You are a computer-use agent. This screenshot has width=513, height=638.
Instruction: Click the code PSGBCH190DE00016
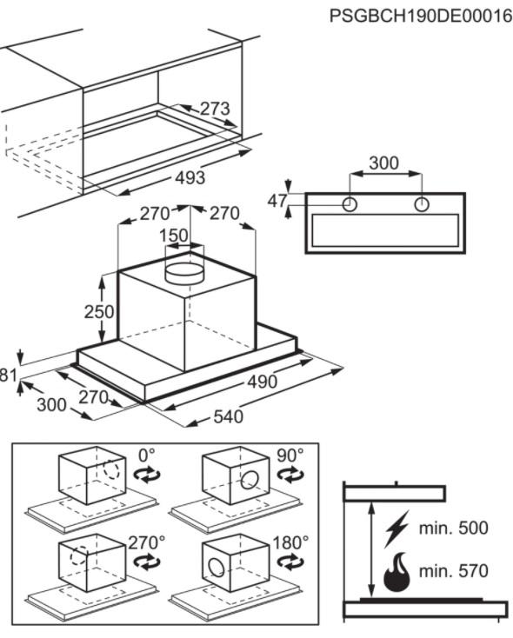pyautogui.click(x=421, y=17)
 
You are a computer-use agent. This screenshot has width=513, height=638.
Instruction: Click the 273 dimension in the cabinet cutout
pyautogui.click(x=215, y=109)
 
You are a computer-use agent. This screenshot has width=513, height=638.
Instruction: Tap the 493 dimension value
pyautogui.click(x=190, y=178)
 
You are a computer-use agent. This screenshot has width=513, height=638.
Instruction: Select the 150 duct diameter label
pyautogui.click(x=174, y=236)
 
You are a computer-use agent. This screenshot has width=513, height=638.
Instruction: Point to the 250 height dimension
pyautogui.click(x=99, y=312)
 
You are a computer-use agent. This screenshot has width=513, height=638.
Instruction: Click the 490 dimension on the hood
pyautogui.click(x=263, y=382)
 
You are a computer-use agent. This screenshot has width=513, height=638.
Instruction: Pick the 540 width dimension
pyautogui.click(x=229, y=416)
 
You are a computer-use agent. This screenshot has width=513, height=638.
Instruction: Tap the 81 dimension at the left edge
pyautogui.click(x=8, y=375)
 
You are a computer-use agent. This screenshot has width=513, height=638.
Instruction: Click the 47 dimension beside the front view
pyautogui.click(x=277, y=201)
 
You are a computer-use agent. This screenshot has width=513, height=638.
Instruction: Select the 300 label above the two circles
pyautogui.click(x=384, y=163)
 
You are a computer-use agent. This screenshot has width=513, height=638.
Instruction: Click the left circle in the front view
pyautogui.click(x=350, y=204)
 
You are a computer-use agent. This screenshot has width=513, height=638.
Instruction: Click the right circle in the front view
pyautogui.click(x=422, y=204)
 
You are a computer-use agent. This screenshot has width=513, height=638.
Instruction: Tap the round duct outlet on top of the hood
pyautogui.click(x=184, y=273)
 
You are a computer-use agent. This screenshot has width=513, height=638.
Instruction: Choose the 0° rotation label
pyautogui.click(x=147, y=455)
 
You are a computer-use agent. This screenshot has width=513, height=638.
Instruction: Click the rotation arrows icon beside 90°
pyautogui.click(x=290, y=475)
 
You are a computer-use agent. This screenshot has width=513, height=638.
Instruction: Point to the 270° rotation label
pyautogui.click(x=147, y=542)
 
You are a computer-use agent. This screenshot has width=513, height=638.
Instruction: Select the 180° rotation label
pyautogui.click(x=290, y=542)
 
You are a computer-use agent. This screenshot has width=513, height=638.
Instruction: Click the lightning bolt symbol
pyautogui.click(x=396, y=529)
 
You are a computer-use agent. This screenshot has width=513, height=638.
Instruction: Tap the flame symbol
pyautogui.click(x=397, y=572)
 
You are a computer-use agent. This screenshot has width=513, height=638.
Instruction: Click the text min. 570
pyautogui.click(x=454, y=571)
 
